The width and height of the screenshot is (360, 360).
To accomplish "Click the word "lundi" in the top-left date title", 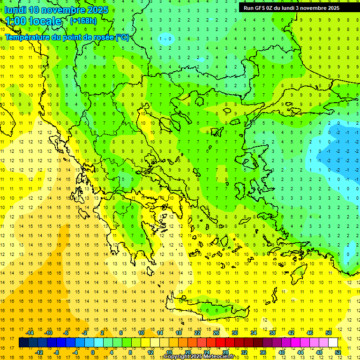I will (15, 10).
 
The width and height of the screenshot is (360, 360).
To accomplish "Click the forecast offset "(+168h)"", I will (83, 21).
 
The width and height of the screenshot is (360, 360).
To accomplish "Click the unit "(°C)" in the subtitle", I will (122, 37).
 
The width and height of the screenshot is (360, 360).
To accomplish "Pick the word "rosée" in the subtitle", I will (102, 37).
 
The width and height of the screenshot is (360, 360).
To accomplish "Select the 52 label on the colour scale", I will (338, 352).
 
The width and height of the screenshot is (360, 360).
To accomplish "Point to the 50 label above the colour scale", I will (328, 332).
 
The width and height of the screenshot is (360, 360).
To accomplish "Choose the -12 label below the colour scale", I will (39, 352).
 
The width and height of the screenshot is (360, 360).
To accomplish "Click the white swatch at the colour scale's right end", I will (333, 342).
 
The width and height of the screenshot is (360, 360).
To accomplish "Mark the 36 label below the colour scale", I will (262, 352).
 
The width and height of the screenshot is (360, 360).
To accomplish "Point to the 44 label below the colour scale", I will (300, 352).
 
